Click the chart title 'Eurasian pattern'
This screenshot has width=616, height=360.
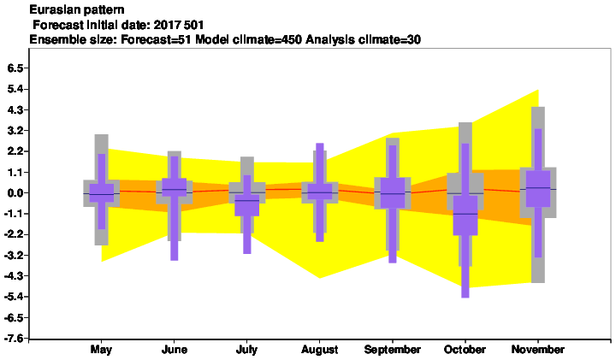[x=77, y=9]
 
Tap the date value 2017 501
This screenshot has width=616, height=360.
[x=179, y=25]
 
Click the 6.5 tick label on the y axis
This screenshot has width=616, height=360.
[x=15, y=68]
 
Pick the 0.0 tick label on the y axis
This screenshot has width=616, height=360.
[x=15, y=192]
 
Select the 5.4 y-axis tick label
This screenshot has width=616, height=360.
[x=15, y=89]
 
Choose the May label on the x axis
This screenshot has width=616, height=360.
[x=101, y=350]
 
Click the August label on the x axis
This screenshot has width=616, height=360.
[x=320, y=350]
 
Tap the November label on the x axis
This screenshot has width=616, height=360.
[x=538, y=350]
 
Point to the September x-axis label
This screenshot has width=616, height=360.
[x=393, y=350]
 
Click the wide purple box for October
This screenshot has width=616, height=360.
[x=465, y=215]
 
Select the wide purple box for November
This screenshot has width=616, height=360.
[x=538, y=188]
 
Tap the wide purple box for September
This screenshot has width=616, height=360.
[x=393, y=192]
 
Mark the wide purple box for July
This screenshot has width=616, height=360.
[x=247, y=205]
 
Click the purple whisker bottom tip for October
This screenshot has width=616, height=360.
[x=465, y=298]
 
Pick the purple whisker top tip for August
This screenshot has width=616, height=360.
[x=320, y=144]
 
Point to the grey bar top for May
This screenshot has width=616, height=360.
[x=101, y=135]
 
